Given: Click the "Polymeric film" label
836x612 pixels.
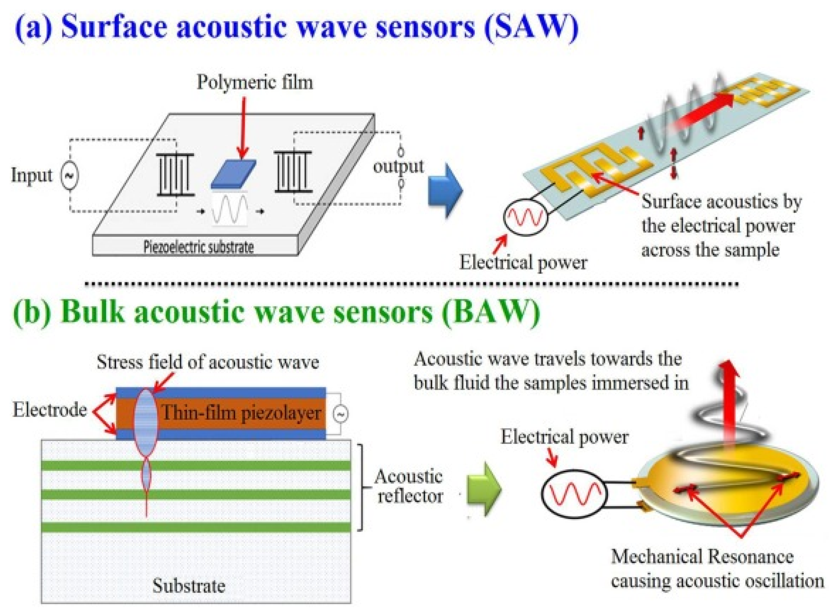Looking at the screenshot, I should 255,82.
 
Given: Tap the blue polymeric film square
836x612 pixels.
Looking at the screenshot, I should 233,174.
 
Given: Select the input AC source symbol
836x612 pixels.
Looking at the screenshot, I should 69,176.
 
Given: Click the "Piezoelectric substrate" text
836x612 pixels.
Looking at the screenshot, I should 199,247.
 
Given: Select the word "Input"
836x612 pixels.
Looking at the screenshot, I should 32,175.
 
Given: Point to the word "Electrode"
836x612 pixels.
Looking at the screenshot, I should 50,410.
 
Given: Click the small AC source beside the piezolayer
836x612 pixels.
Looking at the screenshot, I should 340,414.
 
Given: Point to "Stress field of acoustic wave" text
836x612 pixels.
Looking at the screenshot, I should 208,362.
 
